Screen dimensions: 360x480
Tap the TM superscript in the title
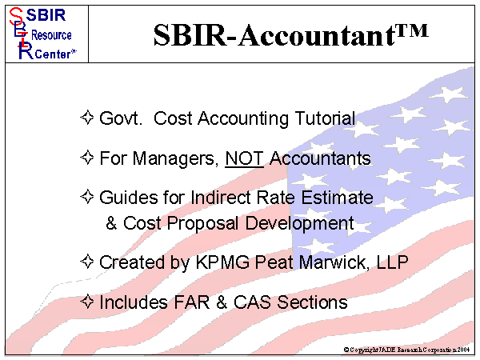point(407,30)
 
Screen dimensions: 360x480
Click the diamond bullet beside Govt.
point(88,118)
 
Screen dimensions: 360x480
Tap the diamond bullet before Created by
point(88,262)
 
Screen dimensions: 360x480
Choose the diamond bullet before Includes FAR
point(88,302)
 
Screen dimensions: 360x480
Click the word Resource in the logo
point(51,35)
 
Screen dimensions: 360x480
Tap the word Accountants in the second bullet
point(320,158)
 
